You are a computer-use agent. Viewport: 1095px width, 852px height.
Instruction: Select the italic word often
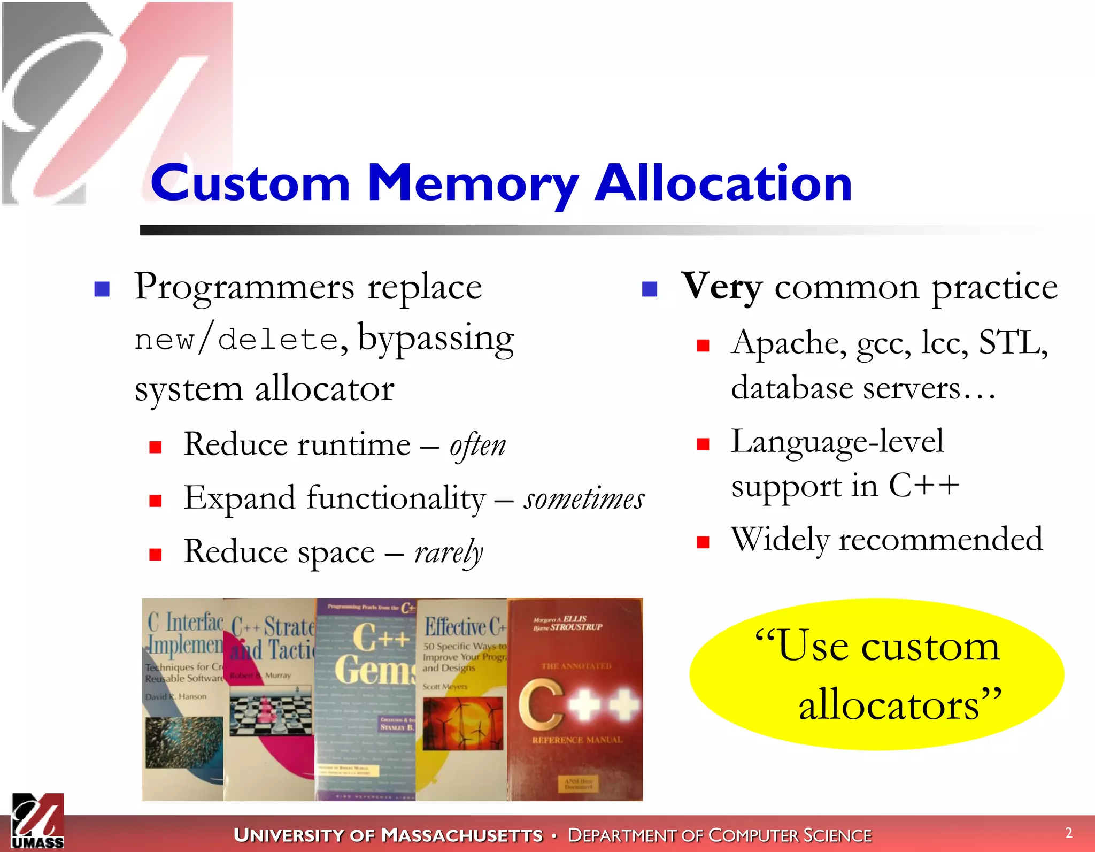click(477, 446)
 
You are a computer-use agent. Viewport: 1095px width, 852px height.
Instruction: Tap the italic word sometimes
click(584, 499)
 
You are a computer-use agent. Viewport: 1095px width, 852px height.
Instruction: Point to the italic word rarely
click(449, 552)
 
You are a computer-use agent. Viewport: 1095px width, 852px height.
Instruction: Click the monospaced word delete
click(278, 340)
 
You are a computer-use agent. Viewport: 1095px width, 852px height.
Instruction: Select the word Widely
click(780, 539)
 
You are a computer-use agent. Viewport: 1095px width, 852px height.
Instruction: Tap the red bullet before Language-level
click(703, 444)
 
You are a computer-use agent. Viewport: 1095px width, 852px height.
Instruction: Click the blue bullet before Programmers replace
click(102, 289)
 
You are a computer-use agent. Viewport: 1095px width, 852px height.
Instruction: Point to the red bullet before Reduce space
click(156, 554)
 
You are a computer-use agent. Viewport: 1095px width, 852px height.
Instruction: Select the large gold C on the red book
click(542, 703)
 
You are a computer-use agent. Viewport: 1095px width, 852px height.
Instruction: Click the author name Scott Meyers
click(445, 687)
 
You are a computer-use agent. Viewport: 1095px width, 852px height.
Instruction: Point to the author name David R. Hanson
click(176, 697)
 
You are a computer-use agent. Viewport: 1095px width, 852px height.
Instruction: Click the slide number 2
click(1068, 833)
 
